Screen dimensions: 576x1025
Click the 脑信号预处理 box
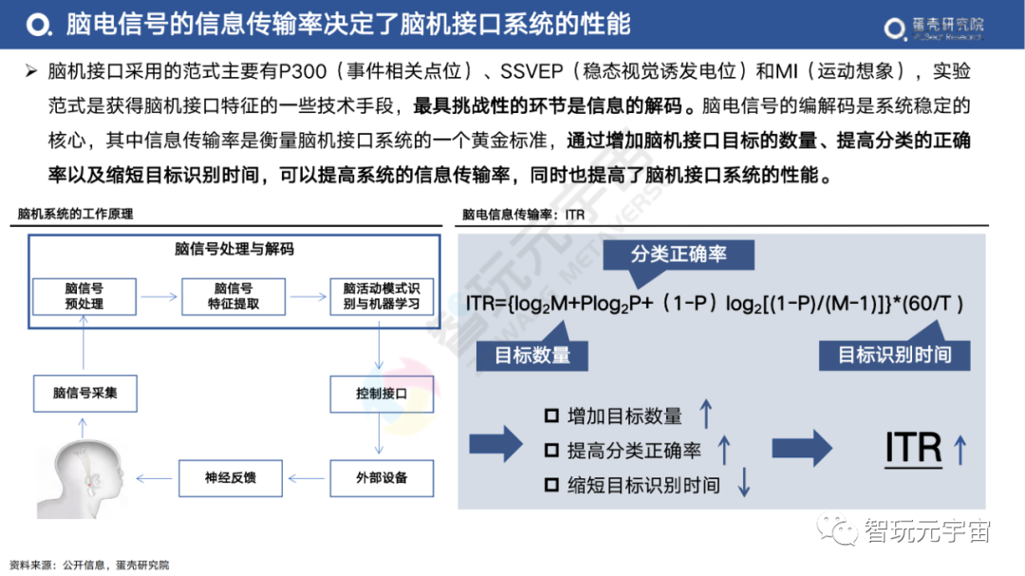pyautogui.click(x=84, y=296)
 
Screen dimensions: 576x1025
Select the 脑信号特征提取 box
pyautogui.click(x=233, y=296)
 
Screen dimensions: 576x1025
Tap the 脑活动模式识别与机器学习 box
pyautogui.click(x=381, y=296)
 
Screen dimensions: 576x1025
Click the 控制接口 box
pyautogui.click(x=381, y=392)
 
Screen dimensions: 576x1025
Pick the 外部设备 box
pyautogui.click(x=381, y=477)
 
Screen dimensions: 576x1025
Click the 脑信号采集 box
pyautogui.click(x=84, y=392)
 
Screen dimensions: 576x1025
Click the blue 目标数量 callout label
pyautogui.click(x=532, y=355)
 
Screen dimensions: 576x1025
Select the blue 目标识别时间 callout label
pyautogui.click(x=894, y=355)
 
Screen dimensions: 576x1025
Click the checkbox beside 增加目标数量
pyautogui.click(x=551, y=416)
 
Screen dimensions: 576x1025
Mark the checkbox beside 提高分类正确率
pyautogui.click(x=551, y=450)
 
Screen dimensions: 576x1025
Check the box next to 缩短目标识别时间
pyautogui.click(x=551, y=485)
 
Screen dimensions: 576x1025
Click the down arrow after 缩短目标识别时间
pyautogui.click(x=744, y=484)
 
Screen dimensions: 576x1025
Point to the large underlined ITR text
pyautogui.click(x=913, y=448)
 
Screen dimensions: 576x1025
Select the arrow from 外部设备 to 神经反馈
pyautogui.click(x=305, y=477)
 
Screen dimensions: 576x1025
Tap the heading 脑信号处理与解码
pyautogui.click(x=234, y=250)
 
